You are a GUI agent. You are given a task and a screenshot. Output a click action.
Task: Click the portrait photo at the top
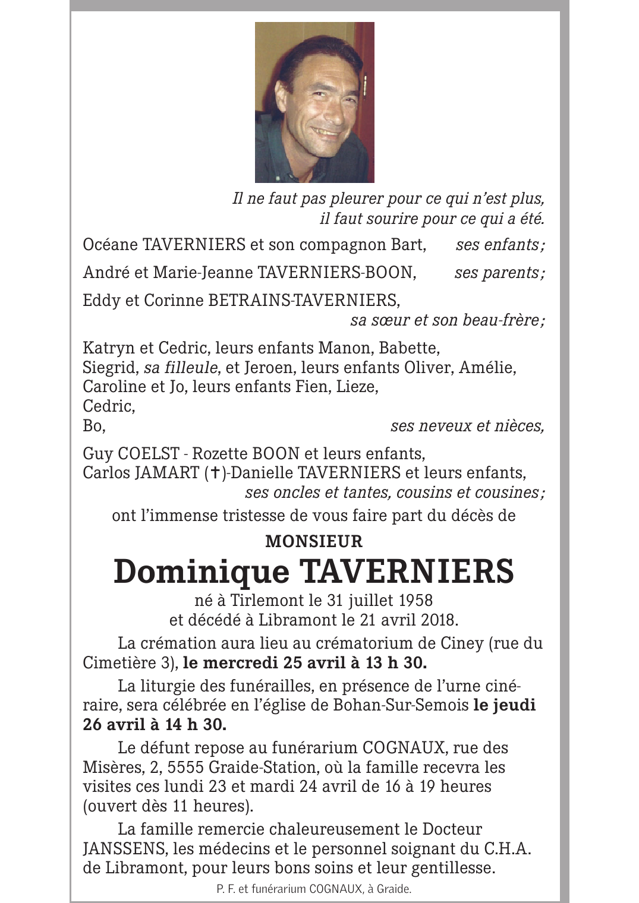coord(314,102)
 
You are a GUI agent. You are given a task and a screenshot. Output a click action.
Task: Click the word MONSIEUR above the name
coord(314,541)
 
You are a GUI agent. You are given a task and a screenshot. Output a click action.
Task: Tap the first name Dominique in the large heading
coord(201,571)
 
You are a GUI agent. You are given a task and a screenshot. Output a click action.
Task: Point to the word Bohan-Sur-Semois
coord(401,705)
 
